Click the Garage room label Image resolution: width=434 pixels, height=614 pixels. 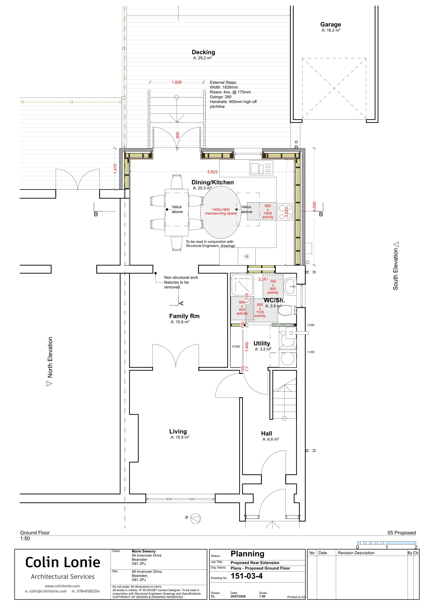(331, 25)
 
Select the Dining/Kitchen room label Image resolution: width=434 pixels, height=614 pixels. (213, 182)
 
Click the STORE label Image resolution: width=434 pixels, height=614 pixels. (236, 347)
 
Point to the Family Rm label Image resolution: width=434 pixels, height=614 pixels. (184, 316)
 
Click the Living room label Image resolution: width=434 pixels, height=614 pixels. (178, 431)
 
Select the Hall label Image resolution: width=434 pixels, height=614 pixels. (267, 434)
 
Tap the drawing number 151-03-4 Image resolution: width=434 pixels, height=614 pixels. (247, 576)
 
